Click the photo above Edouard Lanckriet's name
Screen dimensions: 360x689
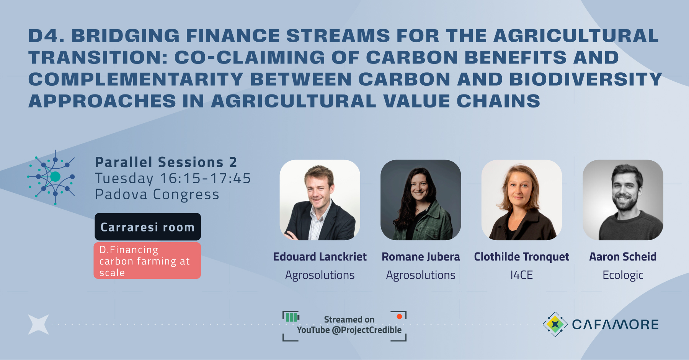click(x=320, y=200)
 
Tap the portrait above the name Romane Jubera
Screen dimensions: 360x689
click(x=421, y=200)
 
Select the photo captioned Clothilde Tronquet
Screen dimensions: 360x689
click(x=521, y=200)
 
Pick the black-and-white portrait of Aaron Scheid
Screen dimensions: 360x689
click(x=623, y=200)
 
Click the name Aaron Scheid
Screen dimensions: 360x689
click(x=623, y=257)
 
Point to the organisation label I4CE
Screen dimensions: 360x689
click(x=521, y=275)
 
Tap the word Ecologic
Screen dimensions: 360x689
click(x=623, y=275)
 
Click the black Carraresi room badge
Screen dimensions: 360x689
click(x=148, y=227)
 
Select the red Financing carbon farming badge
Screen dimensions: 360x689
click(x=147, y=261)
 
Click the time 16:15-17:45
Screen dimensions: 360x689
click(x=205, y=178)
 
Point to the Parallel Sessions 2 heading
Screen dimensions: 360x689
click(x=166, y=162)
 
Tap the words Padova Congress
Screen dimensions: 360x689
click(x=157, y=194)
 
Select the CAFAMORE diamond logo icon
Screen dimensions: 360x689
click(x=555, y=324)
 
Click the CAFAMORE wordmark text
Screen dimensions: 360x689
click(x=615, y=324)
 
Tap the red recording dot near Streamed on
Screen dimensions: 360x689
click(x=399, y=316)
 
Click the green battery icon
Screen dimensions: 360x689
click(x=292, y=317)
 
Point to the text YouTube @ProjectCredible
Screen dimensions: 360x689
click(x=349, y=330)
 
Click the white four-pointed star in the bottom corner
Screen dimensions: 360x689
click(x=39, y=324)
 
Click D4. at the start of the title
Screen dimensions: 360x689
click(x=46, y=36)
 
